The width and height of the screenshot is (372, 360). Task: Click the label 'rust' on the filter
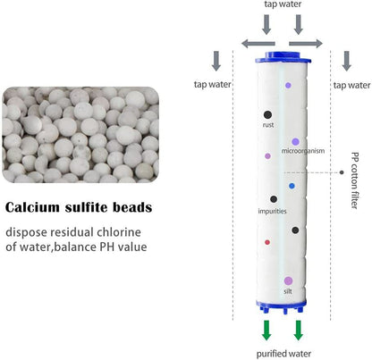point(268,125)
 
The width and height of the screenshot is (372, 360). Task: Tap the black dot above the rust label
point(267,114)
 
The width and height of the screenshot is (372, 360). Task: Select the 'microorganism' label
point(303,151)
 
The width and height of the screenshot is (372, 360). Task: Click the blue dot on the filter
point(292,186)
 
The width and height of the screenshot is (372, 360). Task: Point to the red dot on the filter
point(267,242)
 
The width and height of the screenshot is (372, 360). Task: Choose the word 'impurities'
point(272,211)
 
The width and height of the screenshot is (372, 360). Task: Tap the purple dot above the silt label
point(288,280)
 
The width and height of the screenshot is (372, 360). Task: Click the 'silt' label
point(288,291)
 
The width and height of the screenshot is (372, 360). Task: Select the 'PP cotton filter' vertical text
point(355,180)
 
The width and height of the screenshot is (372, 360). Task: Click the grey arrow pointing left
point(258,44)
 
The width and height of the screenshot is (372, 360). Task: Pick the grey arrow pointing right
point(306,44)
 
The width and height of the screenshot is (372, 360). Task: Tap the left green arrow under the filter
point(266,331)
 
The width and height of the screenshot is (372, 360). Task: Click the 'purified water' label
point(283,354)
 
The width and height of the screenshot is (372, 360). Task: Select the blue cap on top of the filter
point(283,57)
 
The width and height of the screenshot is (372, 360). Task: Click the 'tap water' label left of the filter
point(213,84)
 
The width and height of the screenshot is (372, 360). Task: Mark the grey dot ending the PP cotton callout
point(342,172)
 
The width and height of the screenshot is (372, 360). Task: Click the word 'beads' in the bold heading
point(132,207)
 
